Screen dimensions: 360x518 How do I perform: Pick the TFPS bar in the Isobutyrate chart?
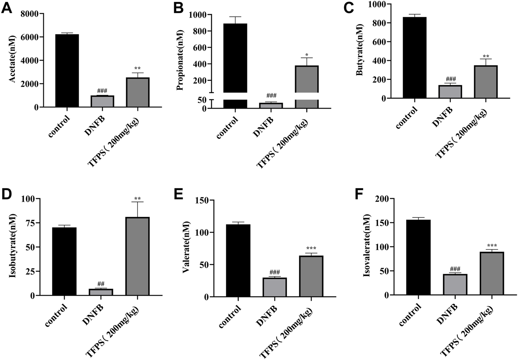(137, 256)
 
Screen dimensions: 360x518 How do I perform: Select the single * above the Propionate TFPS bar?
(307, 55)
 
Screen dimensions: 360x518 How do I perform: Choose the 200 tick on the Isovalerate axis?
(386, 199)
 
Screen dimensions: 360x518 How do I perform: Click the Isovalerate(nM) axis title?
(367, 245)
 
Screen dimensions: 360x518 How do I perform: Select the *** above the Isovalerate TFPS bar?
(492, 246)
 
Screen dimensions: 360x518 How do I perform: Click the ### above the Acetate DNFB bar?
(102, 91)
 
